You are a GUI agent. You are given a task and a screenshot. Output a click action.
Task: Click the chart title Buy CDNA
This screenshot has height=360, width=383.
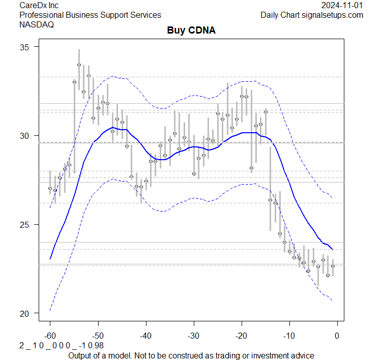tap(191, 31)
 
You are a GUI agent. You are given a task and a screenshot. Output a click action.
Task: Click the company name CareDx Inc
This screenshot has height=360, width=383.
tap(39, 5)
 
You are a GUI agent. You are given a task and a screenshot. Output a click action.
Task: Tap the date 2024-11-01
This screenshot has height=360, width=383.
tap(342, 5)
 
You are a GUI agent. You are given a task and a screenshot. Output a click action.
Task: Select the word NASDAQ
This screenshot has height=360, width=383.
tap(37, 24)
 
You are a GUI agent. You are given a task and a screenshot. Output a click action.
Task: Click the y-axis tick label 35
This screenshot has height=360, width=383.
tap(25, 47)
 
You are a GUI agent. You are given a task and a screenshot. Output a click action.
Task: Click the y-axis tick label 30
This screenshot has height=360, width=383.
tap(25, 136)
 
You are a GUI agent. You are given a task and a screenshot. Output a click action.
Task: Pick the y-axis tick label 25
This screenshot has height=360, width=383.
tap(25, 224)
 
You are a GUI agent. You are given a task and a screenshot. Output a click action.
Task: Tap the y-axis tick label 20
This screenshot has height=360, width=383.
tap(25, 313)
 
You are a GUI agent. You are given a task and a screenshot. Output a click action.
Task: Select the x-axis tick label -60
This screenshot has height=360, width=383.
tap(50, 335)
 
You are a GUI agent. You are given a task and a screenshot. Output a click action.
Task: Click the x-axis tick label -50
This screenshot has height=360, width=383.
tap(98, 335)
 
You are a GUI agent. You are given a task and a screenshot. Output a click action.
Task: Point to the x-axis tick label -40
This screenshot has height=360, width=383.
tap(146, 335)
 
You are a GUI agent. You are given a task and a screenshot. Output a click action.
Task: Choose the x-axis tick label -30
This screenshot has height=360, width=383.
tap(194, 335)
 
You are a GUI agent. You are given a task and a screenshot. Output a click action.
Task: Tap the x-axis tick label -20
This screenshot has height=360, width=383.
tap(242, 335)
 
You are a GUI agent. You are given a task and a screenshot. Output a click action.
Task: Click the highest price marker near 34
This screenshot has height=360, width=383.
tap(79, 65)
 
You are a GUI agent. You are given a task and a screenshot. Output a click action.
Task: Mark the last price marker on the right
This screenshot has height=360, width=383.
tap(333, 266)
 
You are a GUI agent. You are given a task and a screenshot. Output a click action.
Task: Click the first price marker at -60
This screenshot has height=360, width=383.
tap(50, 188)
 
